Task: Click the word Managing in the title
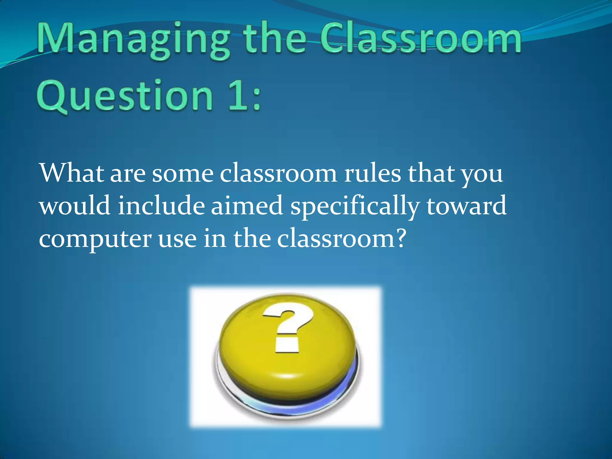(x=133, y=40)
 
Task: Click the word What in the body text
(x=71, y=173)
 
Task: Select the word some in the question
(x=183, y=175)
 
